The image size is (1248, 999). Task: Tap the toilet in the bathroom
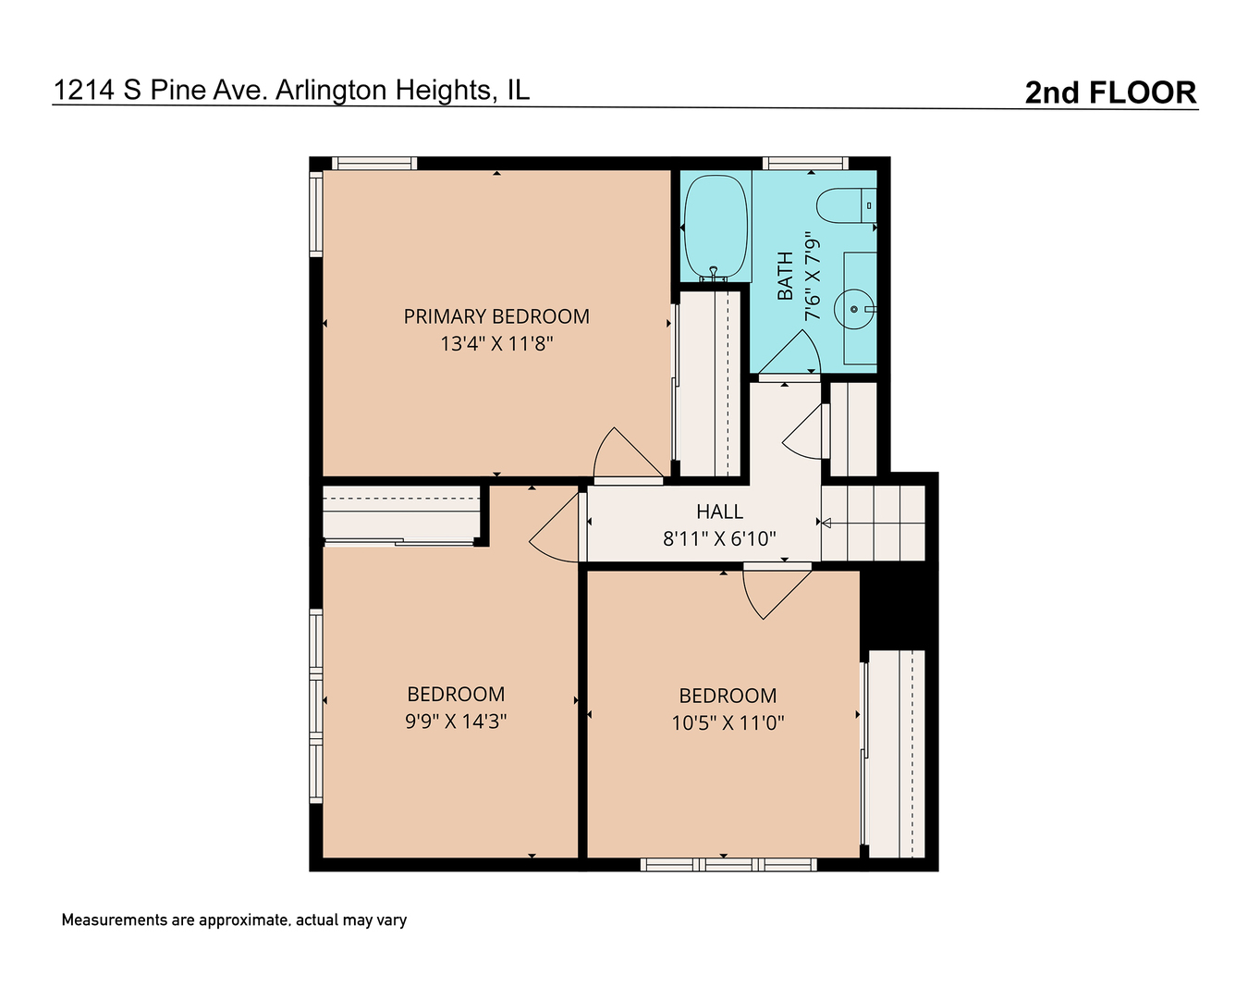[846, 205]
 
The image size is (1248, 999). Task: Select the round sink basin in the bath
[853, 309]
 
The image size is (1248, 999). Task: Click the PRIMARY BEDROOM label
[496, 316]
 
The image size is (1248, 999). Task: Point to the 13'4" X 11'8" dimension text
[496, 344]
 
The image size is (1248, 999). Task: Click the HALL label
[719, 512]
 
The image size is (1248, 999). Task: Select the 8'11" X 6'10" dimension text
[719, 538]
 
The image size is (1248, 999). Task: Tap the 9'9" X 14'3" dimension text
[456, 721]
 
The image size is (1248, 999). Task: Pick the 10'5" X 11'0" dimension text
[728, 722]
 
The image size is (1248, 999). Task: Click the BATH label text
[785, 276]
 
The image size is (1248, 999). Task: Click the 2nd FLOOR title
[1110, 92]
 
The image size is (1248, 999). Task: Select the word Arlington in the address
[331, 91]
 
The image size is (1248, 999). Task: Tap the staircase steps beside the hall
[873, 523]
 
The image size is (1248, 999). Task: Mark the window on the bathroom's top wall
[805, 163]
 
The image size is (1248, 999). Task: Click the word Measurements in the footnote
[115, 920]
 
